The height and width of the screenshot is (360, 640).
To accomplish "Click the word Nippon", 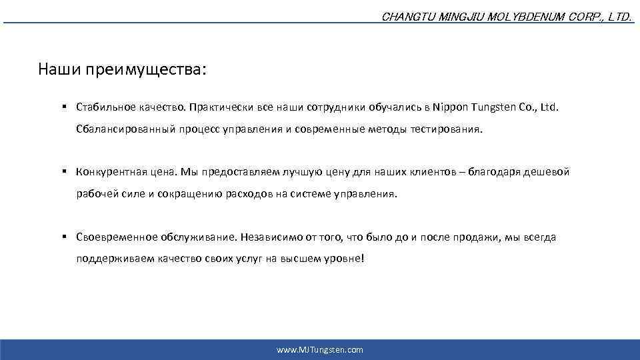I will coord(451,107).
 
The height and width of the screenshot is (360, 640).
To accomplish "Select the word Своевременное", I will coord(117,237).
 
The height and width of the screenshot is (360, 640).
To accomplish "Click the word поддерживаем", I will coord(107,260).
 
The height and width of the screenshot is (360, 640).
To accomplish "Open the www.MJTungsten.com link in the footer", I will coord(320,350).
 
